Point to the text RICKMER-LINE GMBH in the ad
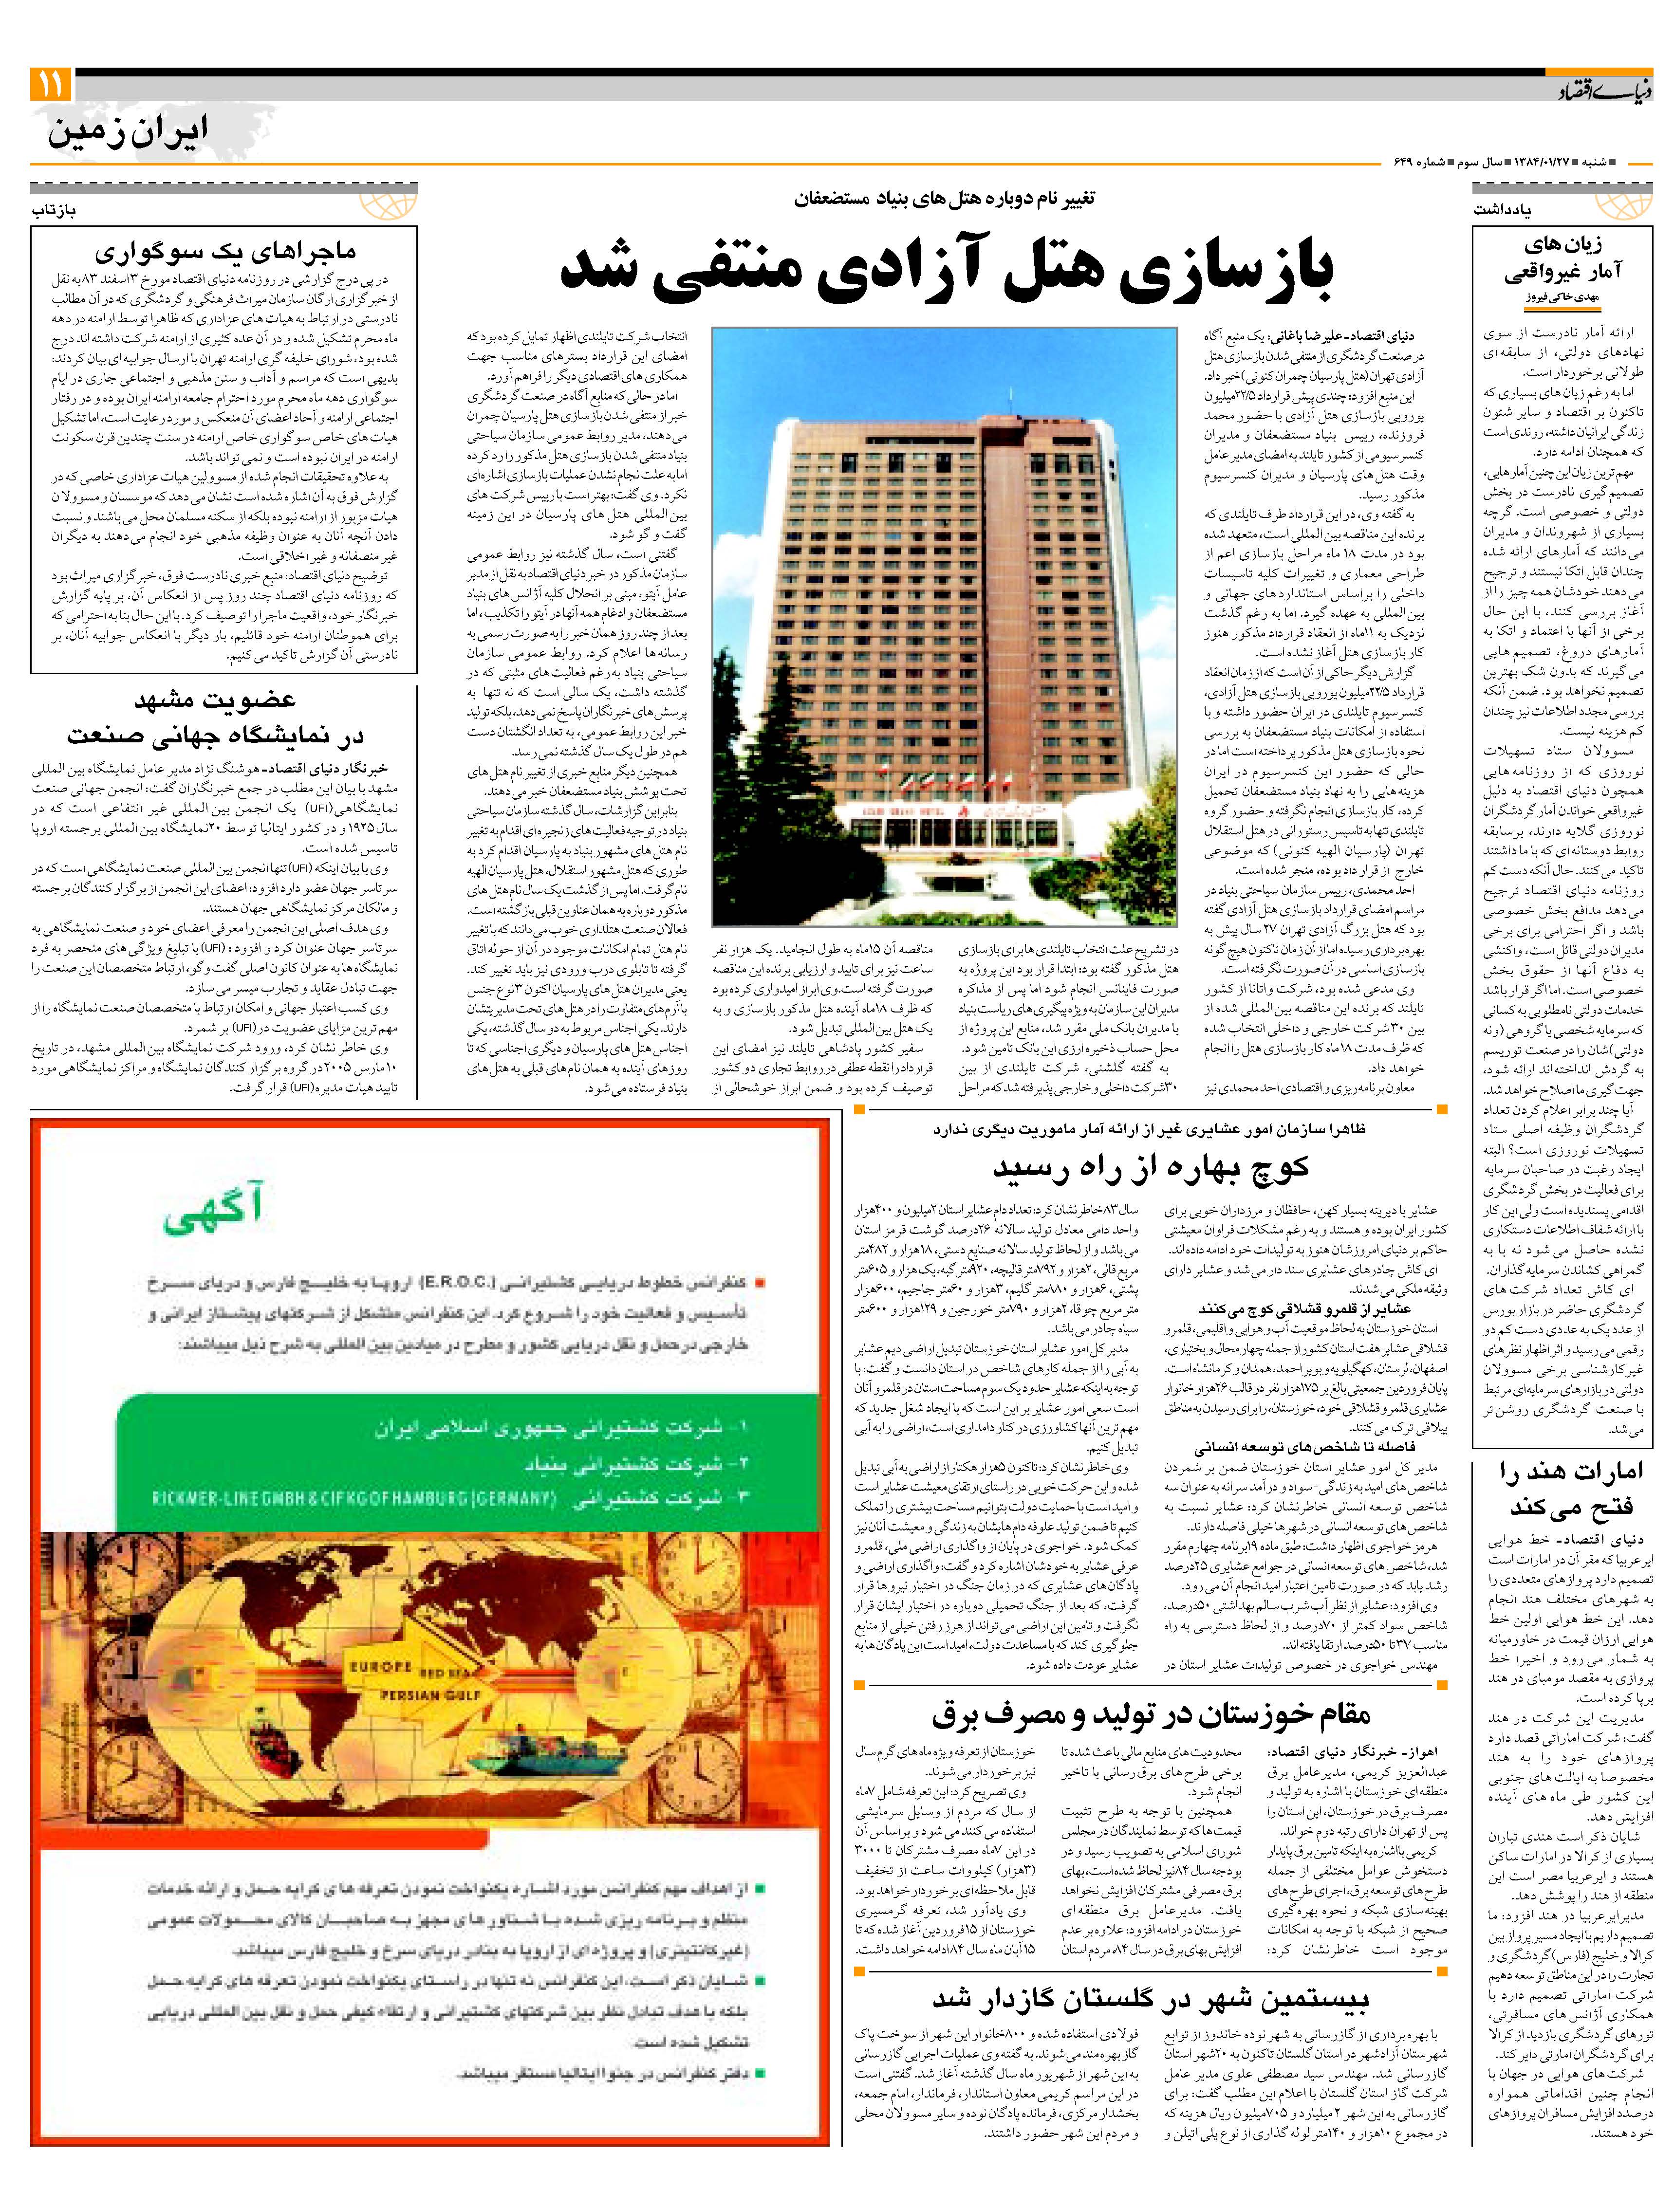point(230,1498)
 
